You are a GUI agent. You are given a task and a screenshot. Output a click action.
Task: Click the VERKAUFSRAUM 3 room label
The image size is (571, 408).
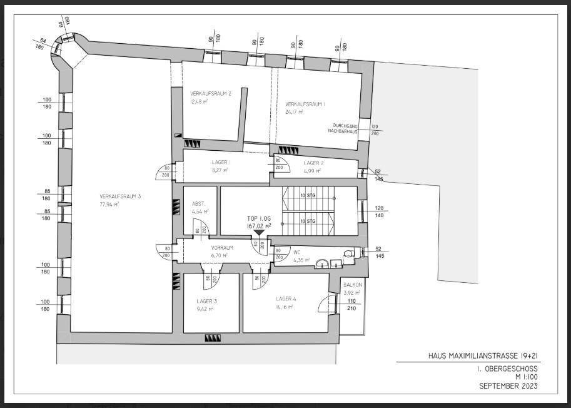click(x=120, y=196)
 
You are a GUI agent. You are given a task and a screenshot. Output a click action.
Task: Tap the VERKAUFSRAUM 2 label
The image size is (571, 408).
click(x=211, y=94)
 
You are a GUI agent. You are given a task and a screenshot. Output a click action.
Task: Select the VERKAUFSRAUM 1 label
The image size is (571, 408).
click(x=306, y=104)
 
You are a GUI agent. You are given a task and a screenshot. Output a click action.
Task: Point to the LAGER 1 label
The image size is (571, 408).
click(x=220, y=162)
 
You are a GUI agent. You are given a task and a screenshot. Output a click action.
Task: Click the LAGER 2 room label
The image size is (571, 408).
click(x=313, y=163)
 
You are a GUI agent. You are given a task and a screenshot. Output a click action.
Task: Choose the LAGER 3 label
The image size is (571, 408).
click(x=206, y=301)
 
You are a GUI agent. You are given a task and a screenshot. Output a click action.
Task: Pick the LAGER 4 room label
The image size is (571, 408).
click(x=286, y=299)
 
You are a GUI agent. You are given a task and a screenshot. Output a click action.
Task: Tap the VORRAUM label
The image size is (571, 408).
click(x=222, y=248)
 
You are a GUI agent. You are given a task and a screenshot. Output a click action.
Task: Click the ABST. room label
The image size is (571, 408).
click(x=199, y=204)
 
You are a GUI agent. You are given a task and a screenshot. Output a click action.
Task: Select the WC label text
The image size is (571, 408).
click(x=297, y=252)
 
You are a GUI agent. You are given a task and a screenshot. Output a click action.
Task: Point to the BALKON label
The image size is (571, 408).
click(x=353, y=285)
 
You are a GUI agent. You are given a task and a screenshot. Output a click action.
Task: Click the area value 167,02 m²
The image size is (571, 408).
click(x=259, y=226)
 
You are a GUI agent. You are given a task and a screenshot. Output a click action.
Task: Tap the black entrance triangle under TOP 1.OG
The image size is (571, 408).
click(x=259, y=232)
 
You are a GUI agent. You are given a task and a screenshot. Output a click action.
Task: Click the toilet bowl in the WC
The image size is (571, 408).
click(x=348, y=253)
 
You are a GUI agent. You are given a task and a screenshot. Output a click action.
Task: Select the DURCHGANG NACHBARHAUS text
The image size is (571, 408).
click(x=343, y=128)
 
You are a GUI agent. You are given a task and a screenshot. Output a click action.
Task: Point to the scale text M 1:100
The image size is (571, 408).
click(x=526, y=377)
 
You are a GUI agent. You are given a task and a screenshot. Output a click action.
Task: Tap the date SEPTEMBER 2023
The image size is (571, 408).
click(x=508, y=386)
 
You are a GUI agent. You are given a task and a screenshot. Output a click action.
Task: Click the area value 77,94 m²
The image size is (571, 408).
click(x=109, y=205)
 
